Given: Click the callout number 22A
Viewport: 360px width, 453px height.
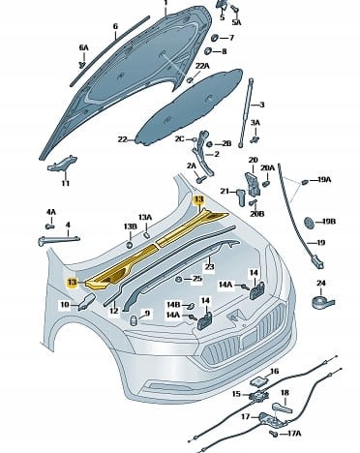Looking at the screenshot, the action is (x=202, y=66).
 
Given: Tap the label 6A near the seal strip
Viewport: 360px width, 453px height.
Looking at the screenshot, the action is (x=83, y=47).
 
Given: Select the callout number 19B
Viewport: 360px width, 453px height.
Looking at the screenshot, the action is (x=328, y=222).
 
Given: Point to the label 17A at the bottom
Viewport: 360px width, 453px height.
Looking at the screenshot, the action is (x=293, y=434).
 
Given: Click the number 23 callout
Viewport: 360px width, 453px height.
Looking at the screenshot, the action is (x=210, y=266).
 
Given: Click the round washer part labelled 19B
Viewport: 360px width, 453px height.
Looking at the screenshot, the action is (x=309, y=223).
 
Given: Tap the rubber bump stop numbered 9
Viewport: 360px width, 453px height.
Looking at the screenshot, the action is (x=134, y=321).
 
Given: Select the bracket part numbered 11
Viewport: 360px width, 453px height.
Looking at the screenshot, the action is (x=62, y=164).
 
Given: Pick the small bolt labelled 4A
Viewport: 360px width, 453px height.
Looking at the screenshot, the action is (x=49, y=226).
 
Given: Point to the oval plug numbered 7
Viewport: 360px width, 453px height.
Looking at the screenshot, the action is (x=214, y=38).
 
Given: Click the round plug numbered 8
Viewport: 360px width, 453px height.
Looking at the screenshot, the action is (x=208, y=51).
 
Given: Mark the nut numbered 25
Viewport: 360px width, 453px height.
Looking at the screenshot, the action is (x=178, y=280).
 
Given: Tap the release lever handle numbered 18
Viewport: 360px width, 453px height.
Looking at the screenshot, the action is (x=283, y=408).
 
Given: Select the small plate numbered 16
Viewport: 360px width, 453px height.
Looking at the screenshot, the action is (x=259, y=381).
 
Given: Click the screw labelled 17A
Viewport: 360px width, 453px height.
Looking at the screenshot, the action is (x=274, y=434).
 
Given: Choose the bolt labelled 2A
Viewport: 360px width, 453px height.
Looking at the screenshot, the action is (x=200, y=178).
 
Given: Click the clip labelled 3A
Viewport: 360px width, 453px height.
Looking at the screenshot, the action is (x=255, y=139).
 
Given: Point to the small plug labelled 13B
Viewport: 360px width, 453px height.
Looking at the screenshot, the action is (x=130, y=244).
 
